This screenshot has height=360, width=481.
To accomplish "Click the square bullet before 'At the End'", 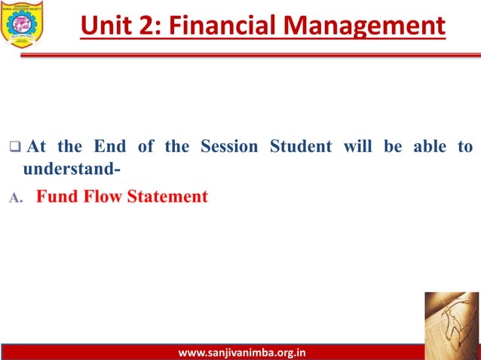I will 14,146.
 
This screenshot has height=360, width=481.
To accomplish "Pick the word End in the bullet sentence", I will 109,146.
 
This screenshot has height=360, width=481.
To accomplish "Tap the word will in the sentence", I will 358,146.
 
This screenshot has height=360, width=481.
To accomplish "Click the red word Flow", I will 102,197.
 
